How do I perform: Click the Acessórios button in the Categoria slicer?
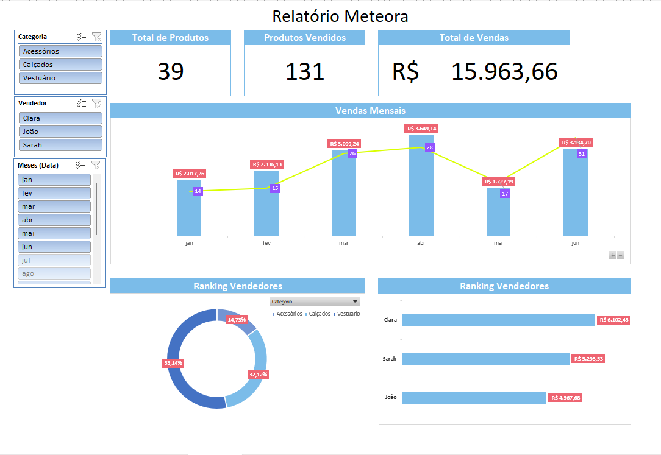(60, 51)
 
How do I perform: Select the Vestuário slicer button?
(60, 78)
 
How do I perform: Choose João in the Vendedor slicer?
(60, 132)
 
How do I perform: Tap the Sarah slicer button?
(60, 145)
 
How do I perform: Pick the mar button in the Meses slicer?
(54, 206)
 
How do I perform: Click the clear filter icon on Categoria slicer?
(96, 37)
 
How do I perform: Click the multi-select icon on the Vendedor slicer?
(82, 104)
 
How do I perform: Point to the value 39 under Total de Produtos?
(171, 72)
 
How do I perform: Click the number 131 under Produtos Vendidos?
(305, 72)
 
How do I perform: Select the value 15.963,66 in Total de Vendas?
(504, 72)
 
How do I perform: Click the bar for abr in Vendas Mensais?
(421, 195)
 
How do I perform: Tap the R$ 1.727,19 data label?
(499, 182)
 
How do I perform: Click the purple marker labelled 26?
(352, 153)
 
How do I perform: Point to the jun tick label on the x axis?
(575, 242)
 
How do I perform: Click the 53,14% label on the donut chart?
(173, 362)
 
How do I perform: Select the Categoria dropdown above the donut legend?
(314, 302)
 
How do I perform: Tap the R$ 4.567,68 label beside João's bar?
(566, 398)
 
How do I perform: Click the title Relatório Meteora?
(340, 16)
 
